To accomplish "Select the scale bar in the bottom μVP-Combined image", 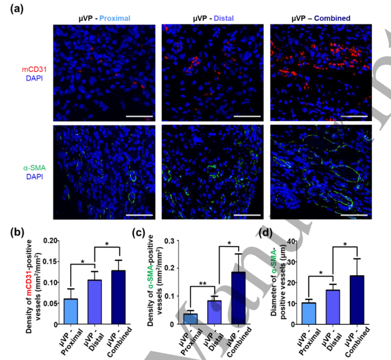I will point(354,215).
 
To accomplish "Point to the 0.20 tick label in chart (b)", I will point(52,240).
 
